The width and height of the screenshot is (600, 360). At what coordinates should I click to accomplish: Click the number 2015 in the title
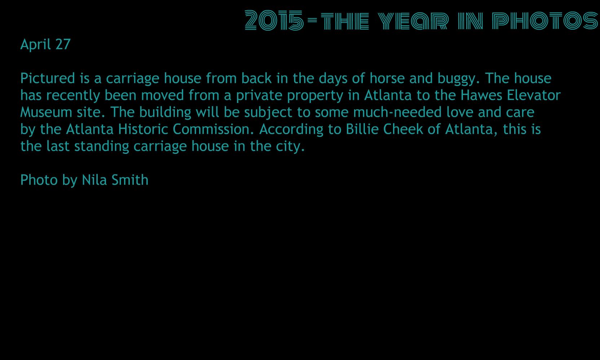coord(274,21)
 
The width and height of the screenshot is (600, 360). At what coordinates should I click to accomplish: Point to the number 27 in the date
coord(63,44)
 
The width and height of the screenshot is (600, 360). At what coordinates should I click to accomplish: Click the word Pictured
coord(47,78)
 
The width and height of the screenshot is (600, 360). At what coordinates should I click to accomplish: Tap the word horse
coord(387,78)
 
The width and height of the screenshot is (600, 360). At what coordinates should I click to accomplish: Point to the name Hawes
coord(481,95)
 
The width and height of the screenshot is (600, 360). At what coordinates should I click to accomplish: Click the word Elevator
coord(534,95)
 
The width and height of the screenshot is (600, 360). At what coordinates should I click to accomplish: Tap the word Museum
coord(46,112)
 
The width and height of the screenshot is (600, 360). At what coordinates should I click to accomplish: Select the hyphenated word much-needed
coord(397,112)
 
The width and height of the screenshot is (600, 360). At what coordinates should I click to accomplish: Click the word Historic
coord(143,129)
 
